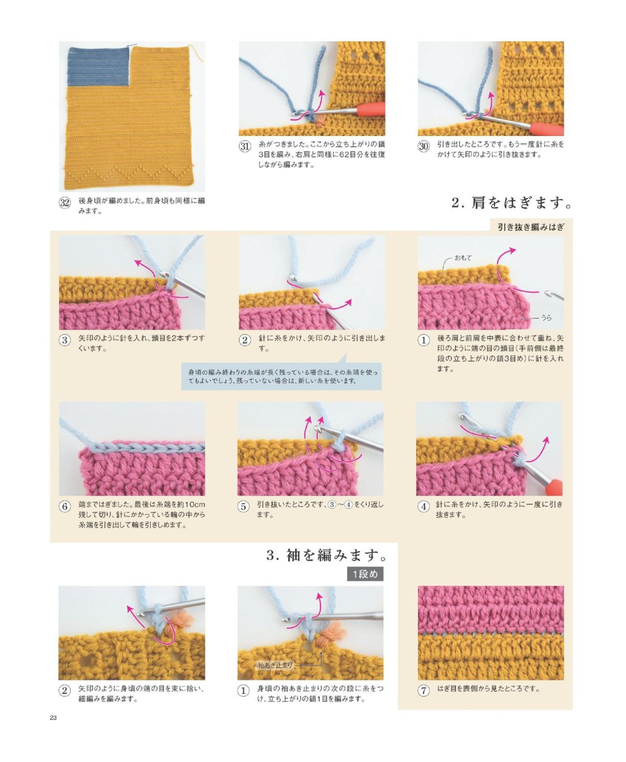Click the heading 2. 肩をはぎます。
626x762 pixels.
(x=511, y=203)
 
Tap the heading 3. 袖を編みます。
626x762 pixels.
(x=327, y=555)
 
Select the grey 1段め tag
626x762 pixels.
(x=365, y=574)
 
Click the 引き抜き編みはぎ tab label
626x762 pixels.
(x=531, y=227)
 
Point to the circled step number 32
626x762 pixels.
(x=65, y=203)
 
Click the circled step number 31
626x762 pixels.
(x=245, y=146)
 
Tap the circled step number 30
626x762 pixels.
(x=424, y=146)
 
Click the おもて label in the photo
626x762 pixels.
(x=463, y=257)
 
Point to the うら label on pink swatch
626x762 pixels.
(x=546, y=318)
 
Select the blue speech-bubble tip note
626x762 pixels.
(x=281, y=376)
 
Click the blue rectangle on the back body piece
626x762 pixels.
(x=99, y=67)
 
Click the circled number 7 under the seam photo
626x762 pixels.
(x=424, y=691)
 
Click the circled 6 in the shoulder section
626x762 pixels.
(x=65, y=506)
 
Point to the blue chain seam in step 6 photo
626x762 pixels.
(x=145, y=447)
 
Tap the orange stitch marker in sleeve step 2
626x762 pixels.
(x=180, y=620)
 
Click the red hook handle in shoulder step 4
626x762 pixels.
(x=553, y=486)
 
